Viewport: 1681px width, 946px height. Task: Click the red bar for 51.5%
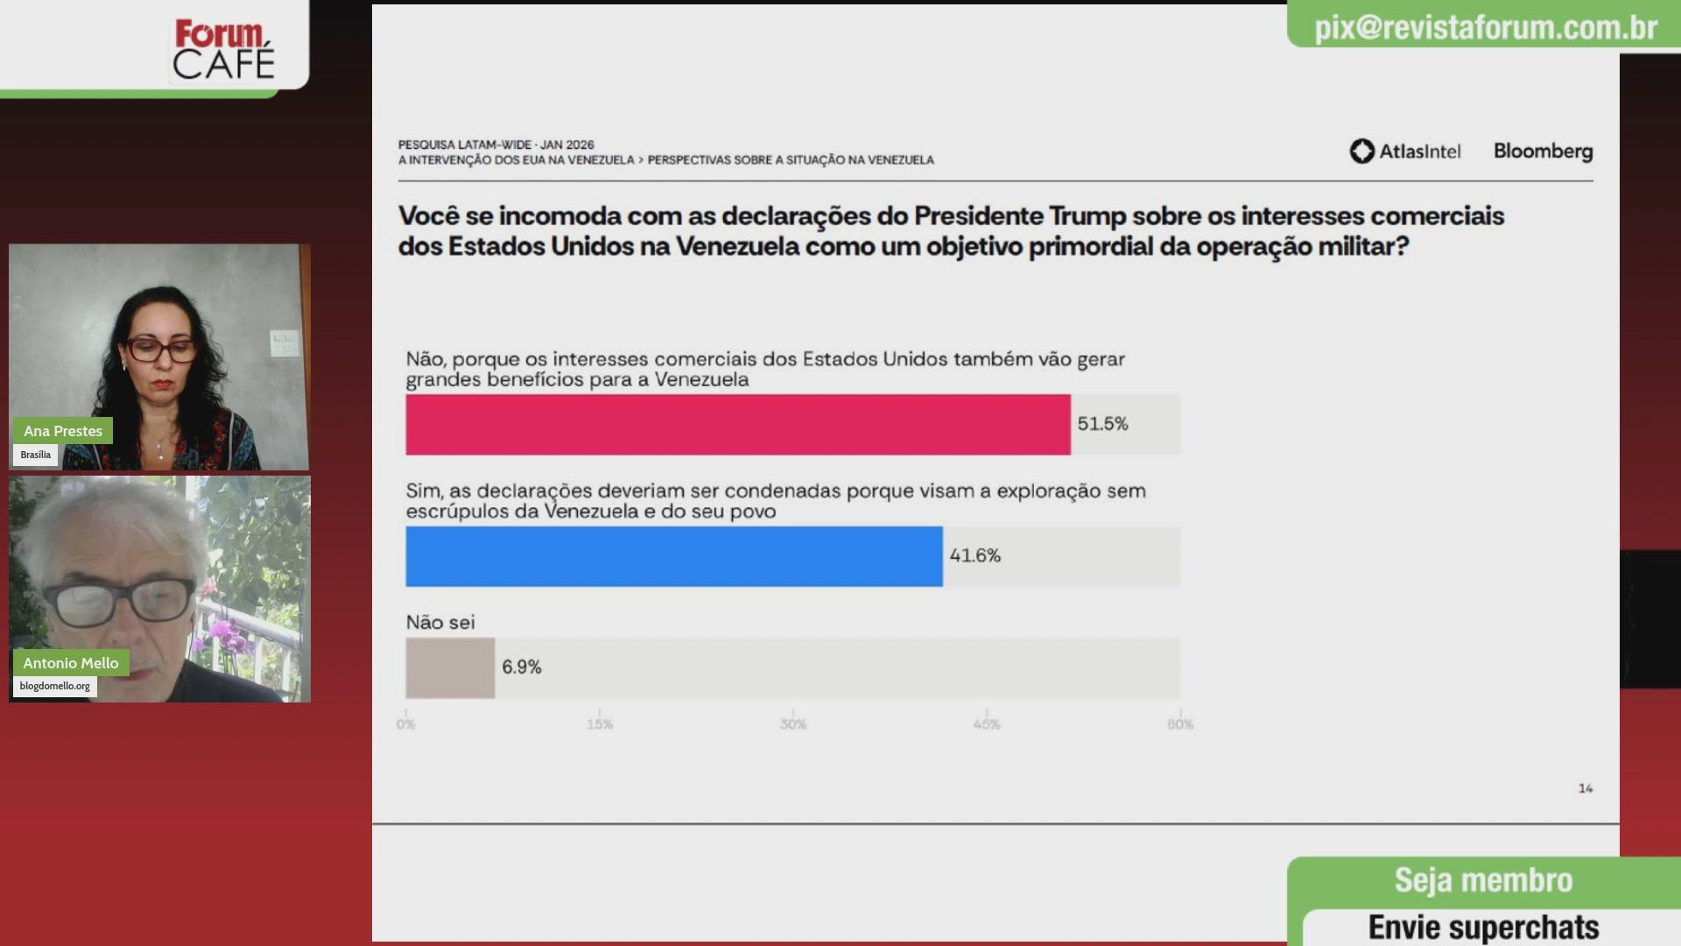click(x=737, y=425)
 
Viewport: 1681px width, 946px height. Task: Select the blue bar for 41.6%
click(x=673, y=556)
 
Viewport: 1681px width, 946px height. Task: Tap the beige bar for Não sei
click(x=450, y=667)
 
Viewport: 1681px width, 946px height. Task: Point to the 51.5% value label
click(x=1102, y=424)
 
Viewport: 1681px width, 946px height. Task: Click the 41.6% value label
click(x=974, y=555)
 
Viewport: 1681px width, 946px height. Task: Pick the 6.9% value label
click(x=521, y=667)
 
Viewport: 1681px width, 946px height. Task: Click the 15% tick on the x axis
click(x=600, y=724)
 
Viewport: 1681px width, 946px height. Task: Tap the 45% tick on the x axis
click(x=987, y=724)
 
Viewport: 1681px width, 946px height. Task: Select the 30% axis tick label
click(x=793, y=724)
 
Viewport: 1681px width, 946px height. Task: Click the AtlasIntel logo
click(x=1404, y=152)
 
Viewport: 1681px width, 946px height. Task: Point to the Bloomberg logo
click(x=1543, y=151)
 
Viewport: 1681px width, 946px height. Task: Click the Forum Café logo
click(x=223, y=50)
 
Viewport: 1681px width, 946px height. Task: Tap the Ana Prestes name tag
click(x=63, y=431)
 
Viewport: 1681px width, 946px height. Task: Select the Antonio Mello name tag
click(x=71, y=663)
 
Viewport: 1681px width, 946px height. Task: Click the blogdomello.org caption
click(x=55, y=686)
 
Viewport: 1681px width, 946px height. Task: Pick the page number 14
click(x=1585, y=788)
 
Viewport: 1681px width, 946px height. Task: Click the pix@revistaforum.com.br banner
click(x=1485, y=28)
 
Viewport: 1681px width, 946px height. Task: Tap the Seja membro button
click(x=1483, y=880)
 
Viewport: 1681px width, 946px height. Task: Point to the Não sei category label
click(x=440, y=623)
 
